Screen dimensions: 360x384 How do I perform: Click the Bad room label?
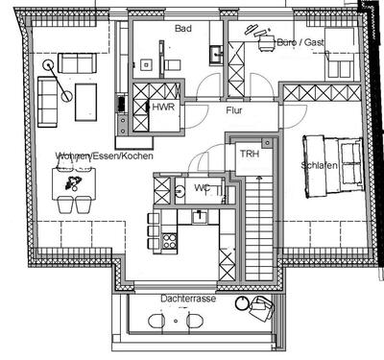tap(183, 29)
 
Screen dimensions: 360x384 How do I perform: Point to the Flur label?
tap(234, 110)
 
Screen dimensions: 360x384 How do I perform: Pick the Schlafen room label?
tap(318, 165)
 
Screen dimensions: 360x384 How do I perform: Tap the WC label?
tap(202, 187)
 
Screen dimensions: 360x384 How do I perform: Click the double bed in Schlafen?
tap(331, 166)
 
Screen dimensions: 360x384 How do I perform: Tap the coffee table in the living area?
tap(86, 98)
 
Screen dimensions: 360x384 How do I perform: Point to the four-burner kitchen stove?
tap(169, 240)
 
